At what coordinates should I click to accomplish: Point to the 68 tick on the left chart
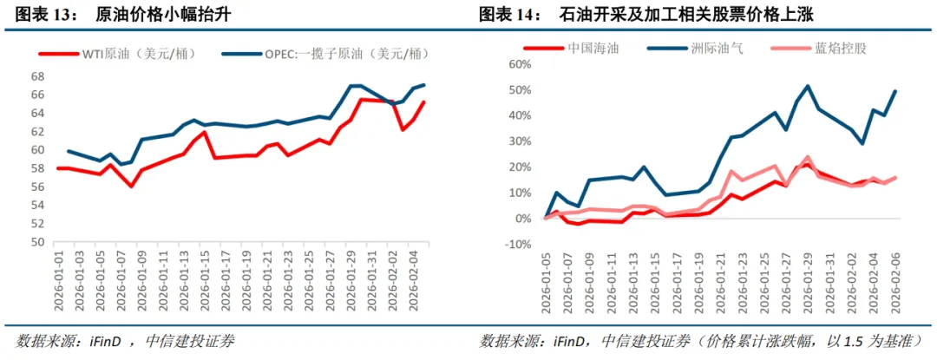pyautogui.click(x=37, y=75)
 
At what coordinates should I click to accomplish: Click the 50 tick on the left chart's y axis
pyautogui.click(x=37, y=242)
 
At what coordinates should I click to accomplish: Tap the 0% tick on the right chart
pyautogui.click(x=521, y=219)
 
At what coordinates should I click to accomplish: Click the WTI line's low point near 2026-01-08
pyautogui.click(x=131, y=187)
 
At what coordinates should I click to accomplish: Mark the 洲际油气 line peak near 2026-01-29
pyautogui.click(x=808, y=86)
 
